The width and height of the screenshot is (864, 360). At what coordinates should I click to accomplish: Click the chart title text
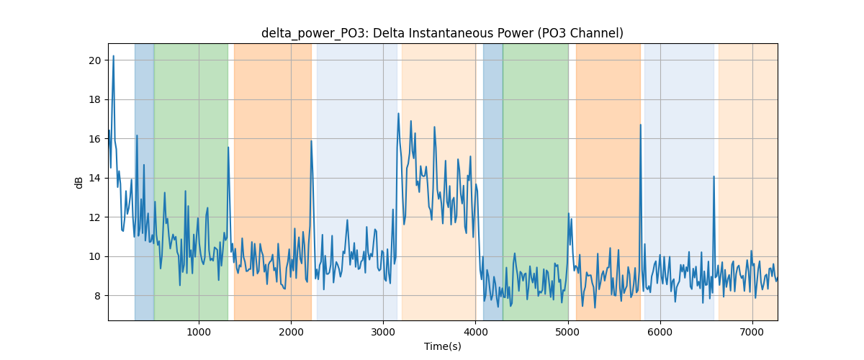[442, 33]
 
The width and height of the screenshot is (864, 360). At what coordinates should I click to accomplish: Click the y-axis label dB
[78, 183]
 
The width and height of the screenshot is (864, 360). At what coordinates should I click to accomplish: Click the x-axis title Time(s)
[442, 346]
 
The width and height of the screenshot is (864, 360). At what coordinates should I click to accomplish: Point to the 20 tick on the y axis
[95, 60]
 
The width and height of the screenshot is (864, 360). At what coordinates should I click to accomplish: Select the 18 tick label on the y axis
[95, 100]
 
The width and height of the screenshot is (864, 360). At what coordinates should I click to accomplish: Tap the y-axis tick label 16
[95, 139]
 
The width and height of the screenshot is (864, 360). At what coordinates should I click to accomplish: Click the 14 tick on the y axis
[95, 179]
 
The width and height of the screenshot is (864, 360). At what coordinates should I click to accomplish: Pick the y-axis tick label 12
[95, 217]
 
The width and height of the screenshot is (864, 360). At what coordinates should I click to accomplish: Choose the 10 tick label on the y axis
[95, 256]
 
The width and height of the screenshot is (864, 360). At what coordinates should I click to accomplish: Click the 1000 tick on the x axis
[199, 332]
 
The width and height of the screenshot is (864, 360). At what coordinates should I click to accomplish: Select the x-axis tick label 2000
[291, 332]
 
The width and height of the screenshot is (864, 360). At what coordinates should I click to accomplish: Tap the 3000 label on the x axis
[383, 332]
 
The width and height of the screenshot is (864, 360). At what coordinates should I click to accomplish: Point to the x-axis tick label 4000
[476, 332]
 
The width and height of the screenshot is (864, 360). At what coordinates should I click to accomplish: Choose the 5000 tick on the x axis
[568, 332]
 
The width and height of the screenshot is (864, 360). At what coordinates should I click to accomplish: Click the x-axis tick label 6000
[660, 332]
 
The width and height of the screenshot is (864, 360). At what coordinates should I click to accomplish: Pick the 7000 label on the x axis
[752, 332]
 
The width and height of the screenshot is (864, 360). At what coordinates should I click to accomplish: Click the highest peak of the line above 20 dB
[114, 56]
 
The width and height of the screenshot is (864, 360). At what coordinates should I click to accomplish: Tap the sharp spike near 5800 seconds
[641, 125]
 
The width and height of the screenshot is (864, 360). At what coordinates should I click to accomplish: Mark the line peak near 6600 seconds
[714, 176]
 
